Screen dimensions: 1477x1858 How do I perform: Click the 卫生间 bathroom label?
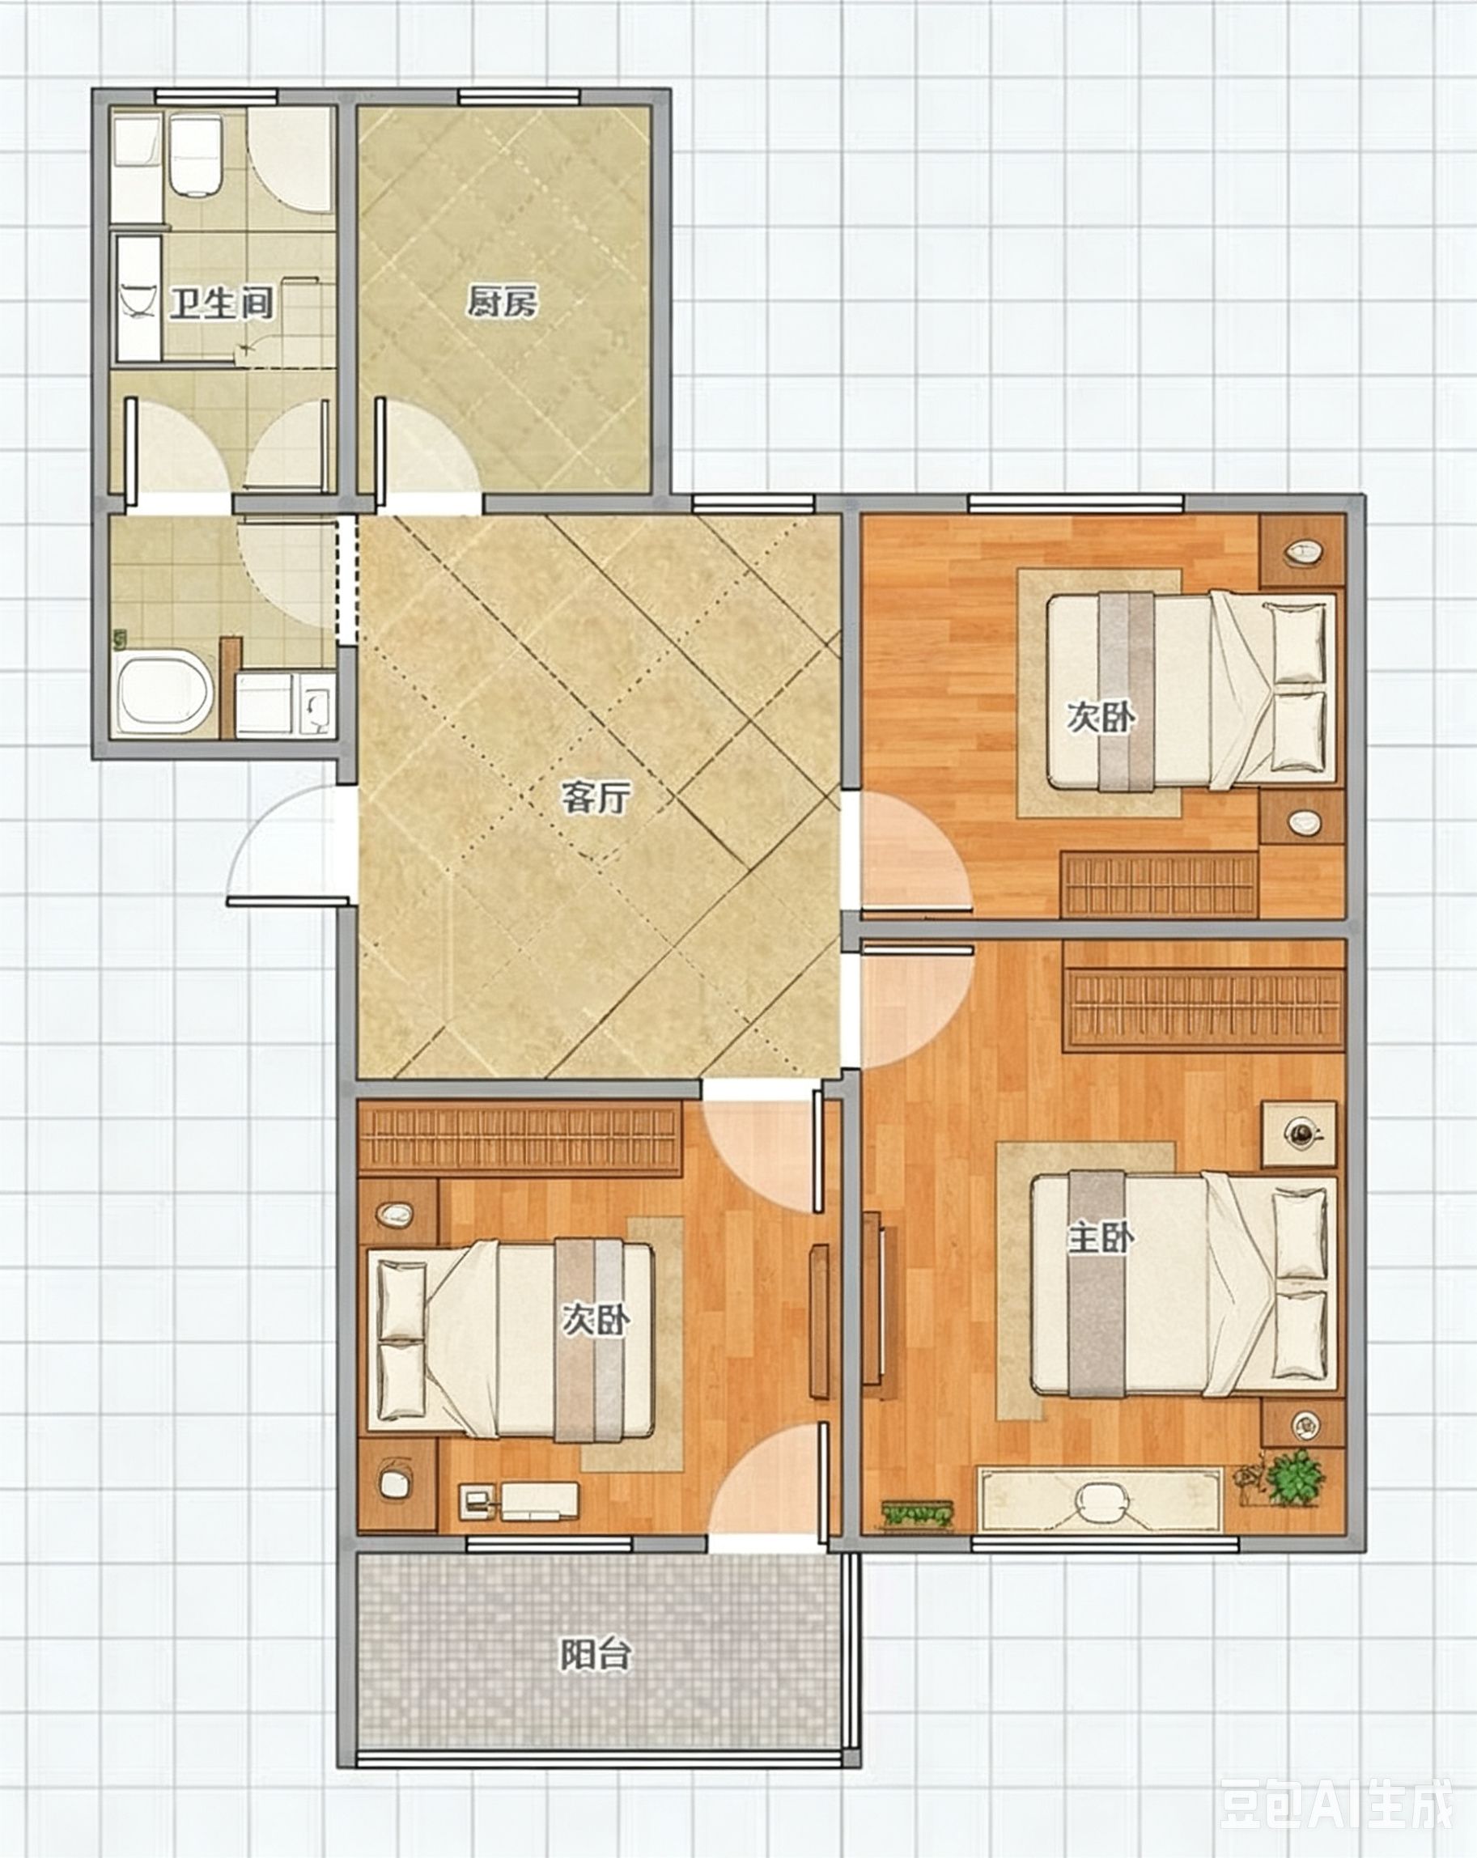[x=222, y=303]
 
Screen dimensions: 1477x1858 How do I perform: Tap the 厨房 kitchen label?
[x=503, y=303]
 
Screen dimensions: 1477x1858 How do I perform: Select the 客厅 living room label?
[x=596, y=797]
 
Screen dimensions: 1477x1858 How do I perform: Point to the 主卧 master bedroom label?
[x=1101, y=1239]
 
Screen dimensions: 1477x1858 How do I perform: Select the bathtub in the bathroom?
[x=163, y=694]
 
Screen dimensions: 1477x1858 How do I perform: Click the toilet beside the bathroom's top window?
[x=197, y=155]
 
